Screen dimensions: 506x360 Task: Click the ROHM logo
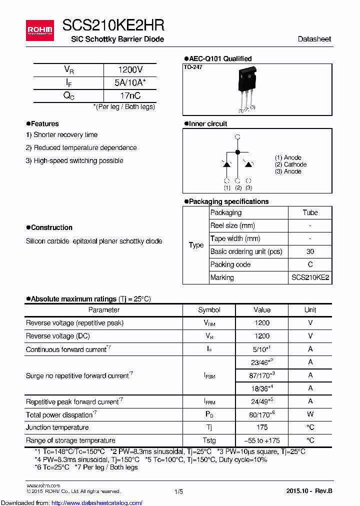point(40,30)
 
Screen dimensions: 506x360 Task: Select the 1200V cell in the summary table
point(130,70)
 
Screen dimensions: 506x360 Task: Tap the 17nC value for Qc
point(130,96)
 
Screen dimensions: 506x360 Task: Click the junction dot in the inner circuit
point(237,151)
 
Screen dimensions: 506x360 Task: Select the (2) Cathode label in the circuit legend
point(290,164)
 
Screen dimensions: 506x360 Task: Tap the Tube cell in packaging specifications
point(310,212)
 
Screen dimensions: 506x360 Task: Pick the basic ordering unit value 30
point(310,251)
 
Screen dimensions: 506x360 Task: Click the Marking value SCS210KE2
point(310,277)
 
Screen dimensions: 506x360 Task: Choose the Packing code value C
point(310,264)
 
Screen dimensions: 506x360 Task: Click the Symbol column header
point(209,310)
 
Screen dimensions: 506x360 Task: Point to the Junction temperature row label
point(57,427)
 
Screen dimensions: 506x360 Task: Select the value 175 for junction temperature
point(262,427)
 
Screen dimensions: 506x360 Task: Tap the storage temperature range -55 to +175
point(262,440)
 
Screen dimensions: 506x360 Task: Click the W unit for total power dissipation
point(310,414)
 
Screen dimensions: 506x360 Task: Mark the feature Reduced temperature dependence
point(81,147)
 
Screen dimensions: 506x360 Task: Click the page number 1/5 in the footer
point(178,492)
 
